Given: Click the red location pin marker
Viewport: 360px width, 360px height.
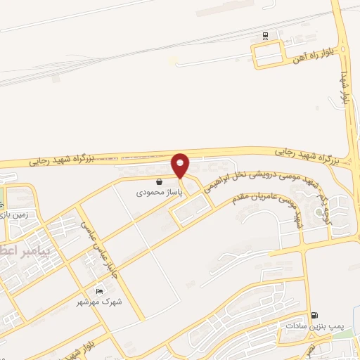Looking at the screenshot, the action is [181, 165].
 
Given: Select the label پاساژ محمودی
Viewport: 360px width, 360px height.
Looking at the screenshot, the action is [160, 191].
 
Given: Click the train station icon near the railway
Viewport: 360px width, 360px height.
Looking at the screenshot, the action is [265, 35].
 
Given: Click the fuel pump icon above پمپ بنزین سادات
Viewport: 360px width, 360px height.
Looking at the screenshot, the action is [314, 316].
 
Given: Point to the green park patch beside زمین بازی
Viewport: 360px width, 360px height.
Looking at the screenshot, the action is [2, 196].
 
